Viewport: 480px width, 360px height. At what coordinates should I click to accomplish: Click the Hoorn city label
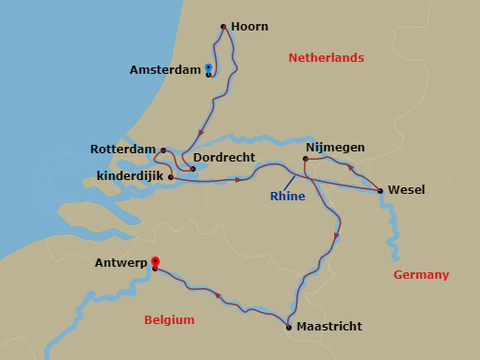click(x=251, y=27)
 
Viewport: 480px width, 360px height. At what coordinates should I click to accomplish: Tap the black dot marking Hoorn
click(x=224, y=27)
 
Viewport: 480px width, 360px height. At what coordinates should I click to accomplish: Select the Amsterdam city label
click(x=164, y=70)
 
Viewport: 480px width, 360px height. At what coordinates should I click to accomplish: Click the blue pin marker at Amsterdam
click(x=209, y=68)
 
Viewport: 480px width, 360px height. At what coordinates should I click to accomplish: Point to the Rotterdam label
click(x=123, y=149)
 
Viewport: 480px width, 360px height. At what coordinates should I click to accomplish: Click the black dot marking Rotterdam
click(x=163, y=150)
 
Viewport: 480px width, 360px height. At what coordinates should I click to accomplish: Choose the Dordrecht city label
click(x=224, y=159)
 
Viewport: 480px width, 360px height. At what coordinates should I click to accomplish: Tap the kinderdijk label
click(x=129, y=175)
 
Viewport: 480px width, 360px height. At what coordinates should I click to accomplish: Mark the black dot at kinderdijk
click(x=171, y=176)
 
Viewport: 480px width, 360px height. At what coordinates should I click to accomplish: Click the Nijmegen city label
click(x=335, y=147)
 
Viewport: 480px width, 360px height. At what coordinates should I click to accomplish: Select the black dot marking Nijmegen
click(x=306, y=159)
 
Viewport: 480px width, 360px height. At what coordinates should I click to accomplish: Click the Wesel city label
click(x=406, y=190)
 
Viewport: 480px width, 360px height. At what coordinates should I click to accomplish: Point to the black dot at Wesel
click(x=381, y=191)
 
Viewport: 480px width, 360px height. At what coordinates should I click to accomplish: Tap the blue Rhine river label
click(x=287, y=196)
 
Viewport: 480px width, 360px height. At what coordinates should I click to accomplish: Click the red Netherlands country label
click(x=326, y=57)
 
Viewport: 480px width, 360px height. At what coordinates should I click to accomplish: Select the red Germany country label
click(x=421, y=275)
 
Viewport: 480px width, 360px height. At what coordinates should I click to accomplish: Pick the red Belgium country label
click(x=170, y=320)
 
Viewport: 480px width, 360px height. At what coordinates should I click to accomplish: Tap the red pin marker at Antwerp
click(x=155, y=262)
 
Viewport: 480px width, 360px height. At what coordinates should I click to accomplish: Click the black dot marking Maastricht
click(x=289, y=327)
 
